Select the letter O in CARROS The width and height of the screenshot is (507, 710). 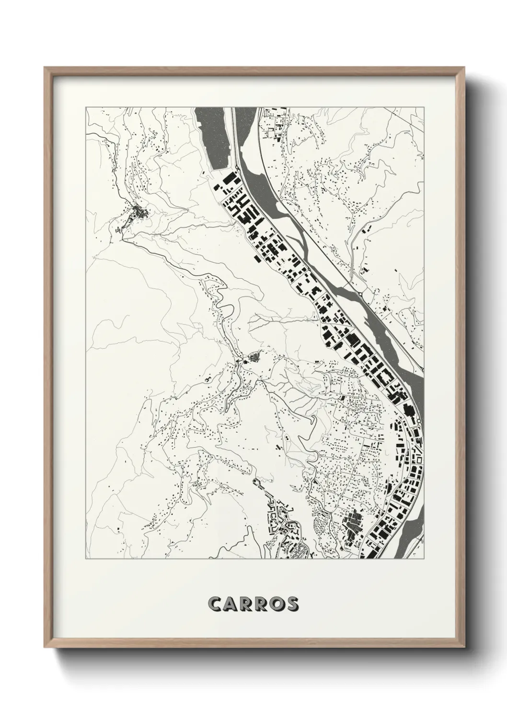276,604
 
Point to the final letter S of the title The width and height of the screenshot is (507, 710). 292,604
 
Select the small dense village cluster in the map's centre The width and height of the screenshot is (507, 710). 252,357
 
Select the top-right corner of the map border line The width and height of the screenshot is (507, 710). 425,107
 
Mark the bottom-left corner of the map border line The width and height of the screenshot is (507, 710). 86,558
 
